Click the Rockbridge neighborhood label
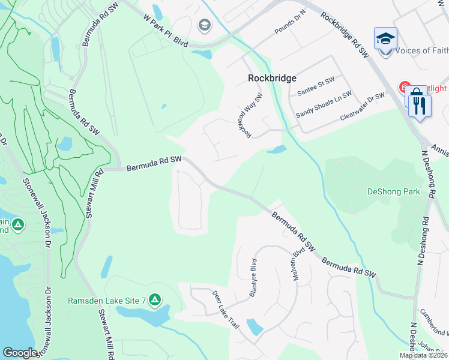click(272, 78)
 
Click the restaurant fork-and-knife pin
click(419, 106)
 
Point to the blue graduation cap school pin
click(385, 40)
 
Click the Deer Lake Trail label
click(226, 310)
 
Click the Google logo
click(20, 353)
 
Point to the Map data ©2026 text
click(423, 355)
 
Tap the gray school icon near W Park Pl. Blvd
click(204, 25)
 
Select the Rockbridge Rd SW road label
click(344, 35)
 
